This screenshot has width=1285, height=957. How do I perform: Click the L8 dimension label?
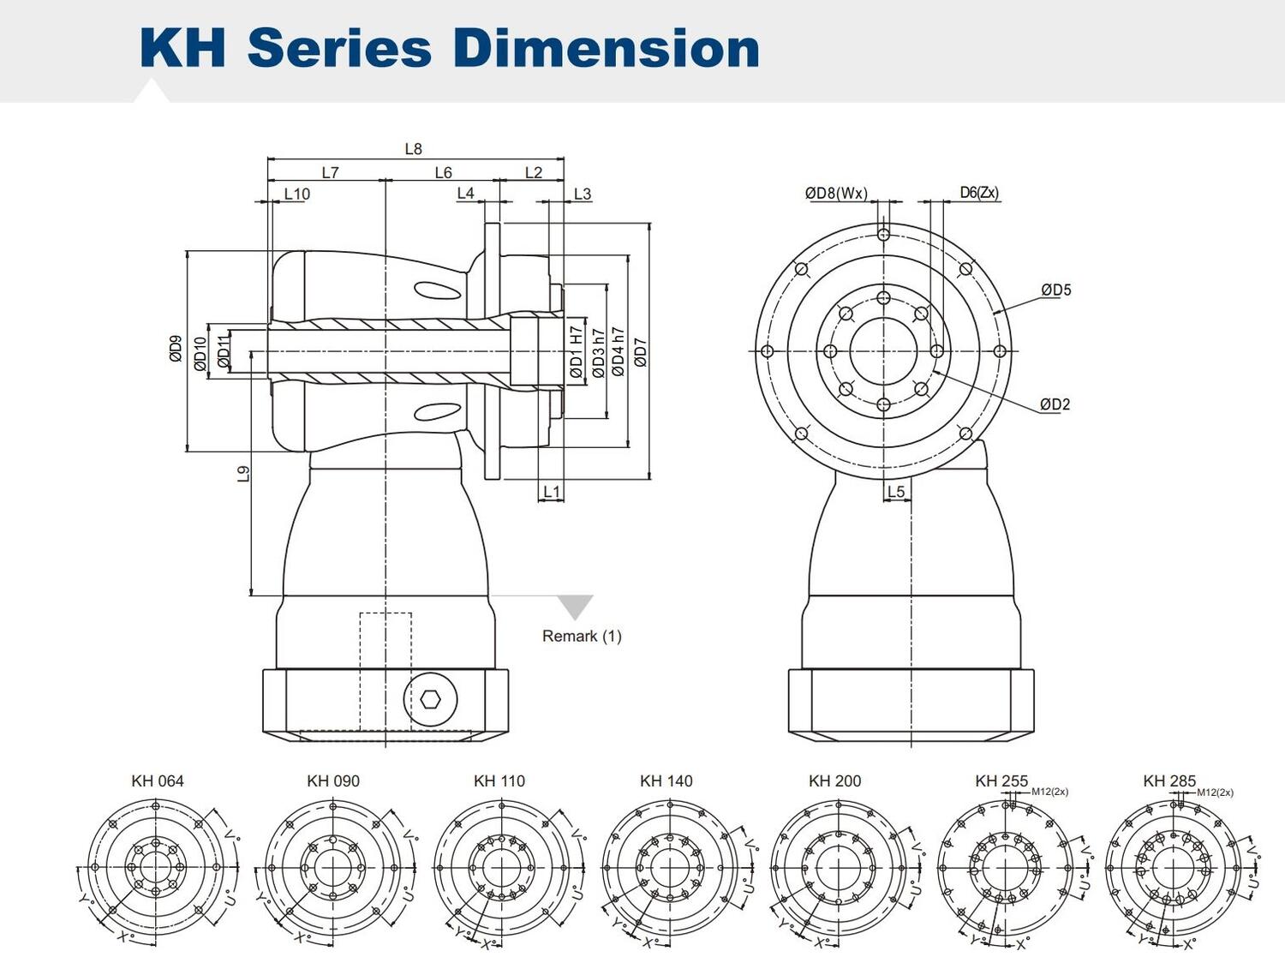tap(413, 149)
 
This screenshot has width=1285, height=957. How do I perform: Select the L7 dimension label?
tap(330, 173)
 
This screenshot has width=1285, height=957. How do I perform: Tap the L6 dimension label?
tap(443, 173)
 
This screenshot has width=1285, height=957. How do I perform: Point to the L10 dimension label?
tap(296, 194)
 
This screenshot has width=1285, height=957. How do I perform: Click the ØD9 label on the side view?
tap(176, 349)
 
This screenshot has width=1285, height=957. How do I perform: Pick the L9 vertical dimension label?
tap(244, 474)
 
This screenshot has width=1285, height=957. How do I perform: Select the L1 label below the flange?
tap(552, 492)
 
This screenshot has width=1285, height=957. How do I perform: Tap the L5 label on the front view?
tap(895, 492)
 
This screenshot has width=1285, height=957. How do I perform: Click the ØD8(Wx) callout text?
tap(835, 194)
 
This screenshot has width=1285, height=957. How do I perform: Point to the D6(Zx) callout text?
tap(978, 194)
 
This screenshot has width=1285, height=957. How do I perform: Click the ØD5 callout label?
tap(1055, 290)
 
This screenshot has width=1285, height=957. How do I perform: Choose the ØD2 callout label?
tap(1055, 404)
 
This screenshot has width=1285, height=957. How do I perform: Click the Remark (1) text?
tap(582, 637)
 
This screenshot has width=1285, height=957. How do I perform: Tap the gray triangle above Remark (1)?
tap(575, 606)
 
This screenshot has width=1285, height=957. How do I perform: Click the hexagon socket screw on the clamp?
tap(430, 699)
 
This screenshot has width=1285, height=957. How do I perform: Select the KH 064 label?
tap(158, 781)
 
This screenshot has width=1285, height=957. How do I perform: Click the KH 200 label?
tap(834, 781)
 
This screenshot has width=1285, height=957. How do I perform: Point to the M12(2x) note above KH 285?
tap(1215, 793)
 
